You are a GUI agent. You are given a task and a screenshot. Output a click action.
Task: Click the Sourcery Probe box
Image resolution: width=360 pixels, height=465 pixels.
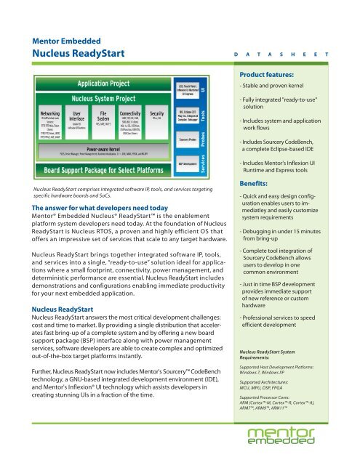tap(188, 138)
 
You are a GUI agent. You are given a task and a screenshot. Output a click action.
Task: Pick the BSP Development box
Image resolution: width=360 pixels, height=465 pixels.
tap(188, 164)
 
